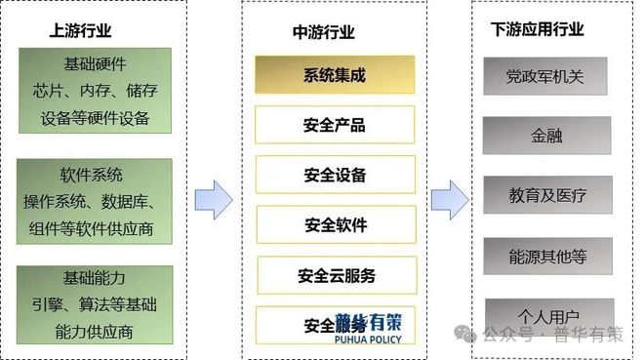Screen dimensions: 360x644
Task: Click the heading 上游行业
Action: tap(81, 30)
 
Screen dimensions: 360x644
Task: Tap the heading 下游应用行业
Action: tap(538, 30)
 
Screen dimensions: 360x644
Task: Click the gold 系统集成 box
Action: tap(335, 74)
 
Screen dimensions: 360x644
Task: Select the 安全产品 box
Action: tap(335, 125)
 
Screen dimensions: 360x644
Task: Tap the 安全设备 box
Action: tap(335, 176)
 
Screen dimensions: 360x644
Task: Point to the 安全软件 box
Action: tap(335, 225)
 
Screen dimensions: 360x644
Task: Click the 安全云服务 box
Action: tap(336, 276)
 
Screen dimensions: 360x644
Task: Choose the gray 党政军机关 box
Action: tap(545, 76)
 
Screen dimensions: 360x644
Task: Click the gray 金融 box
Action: tap(546, 136)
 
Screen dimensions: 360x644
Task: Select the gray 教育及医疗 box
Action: tap(547, 195)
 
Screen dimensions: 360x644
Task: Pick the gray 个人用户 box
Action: tap(546, 314)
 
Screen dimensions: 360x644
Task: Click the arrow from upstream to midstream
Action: tap(213, 199)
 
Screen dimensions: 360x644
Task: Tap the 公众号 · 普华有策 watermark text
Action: tap(560, 335)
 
